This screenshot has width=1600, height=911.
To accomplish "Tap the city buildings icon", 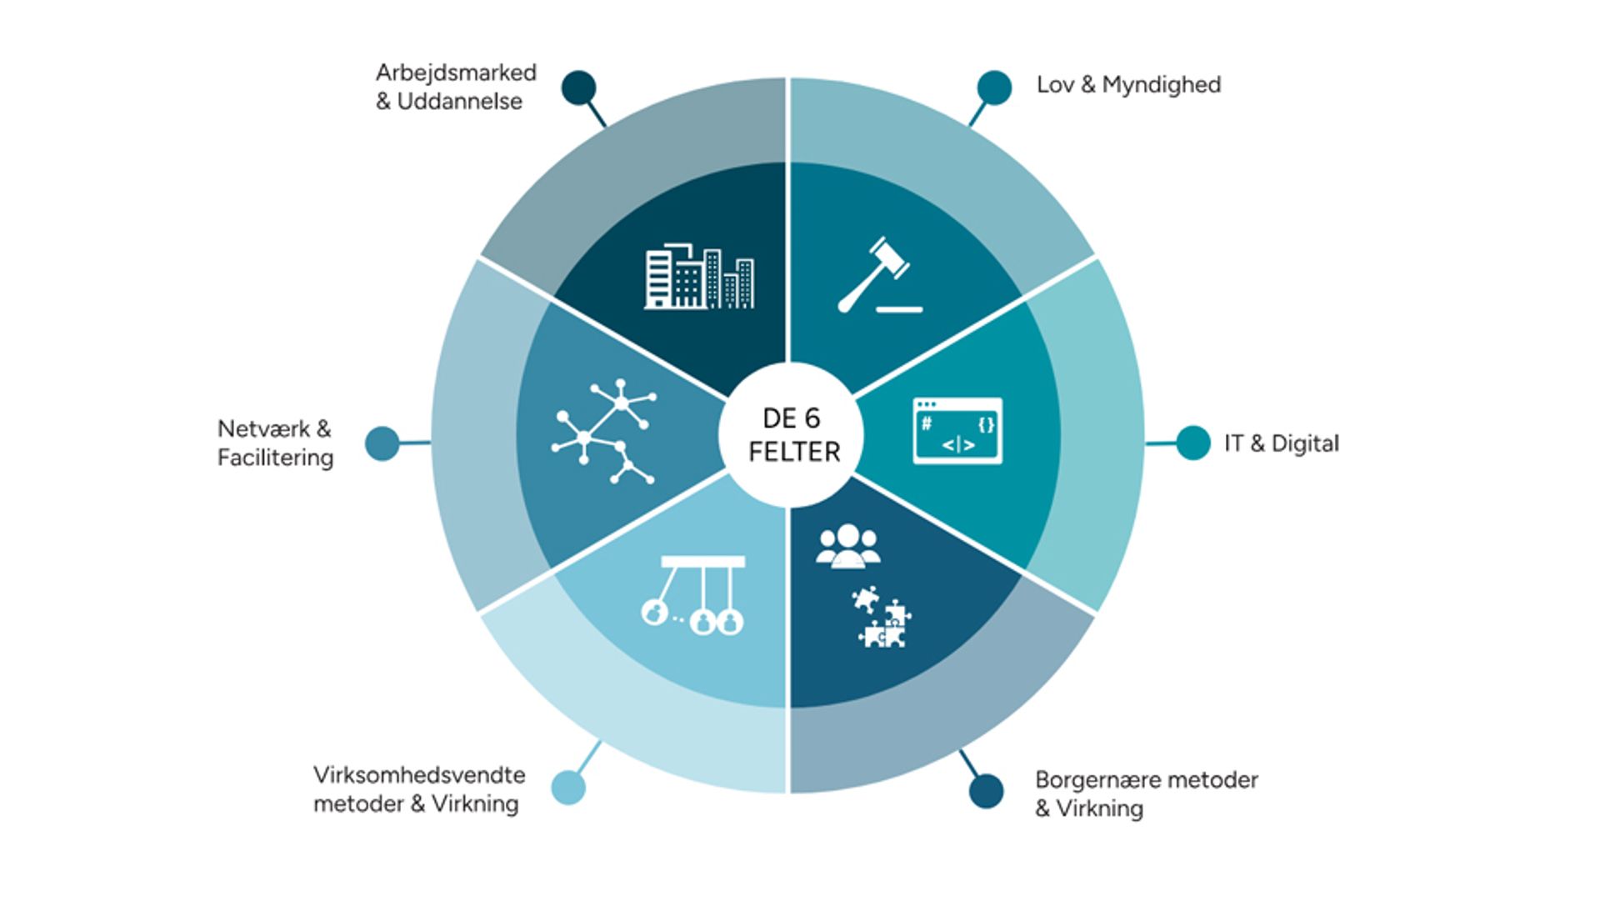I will (x=699, y=277).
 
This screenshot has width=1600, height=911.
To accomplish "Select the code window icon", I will (x=957, y=431).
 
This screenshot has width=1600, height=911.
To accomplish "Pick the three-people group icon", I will (x=847, y=546).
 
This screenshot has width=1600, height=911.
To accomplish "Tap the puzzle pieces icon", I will (x=881, y=618).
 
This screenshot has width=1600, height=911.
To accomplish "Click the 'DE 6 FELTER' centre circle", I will (x=792, y=434).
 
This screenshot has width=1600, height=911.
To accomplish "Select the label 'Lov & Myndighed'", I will (x=1128, y=85).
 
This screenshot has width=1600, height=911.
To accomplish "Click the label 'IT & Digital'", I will (x=1281, y=443).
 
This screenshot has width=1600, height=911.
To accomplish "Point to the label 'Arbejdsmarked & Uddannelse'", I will (x=455, y=87).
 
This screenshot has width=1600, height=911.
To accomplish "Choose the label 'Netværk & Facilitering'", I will (x=275, y=443).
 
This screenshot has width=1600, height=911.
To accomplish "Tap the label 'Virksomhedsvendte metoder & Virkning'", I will (x=419, y=788).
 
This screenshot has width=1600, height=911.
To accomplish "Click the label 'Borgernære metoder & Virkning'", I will (x=1146, y=793).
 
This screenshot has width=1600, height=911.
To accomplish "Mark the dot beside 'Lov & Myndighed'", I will (x=994, y=88).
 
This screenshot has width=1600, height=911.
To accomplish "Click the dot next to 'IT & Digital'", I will (x=1192, y=443).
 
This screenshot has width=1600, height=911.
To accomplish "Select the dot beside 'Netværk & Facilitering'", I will (x=382, y=443).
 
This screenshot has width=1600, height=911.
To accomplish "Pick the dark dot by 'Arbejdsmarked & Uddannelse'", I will (x=579, y=88).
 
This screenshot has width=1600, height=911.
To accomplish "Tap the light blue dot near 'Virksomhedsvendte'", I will (x=568, y=787).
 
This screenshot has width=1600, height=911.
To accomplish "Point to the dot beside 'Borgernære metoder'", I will (x=986, y=791).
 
